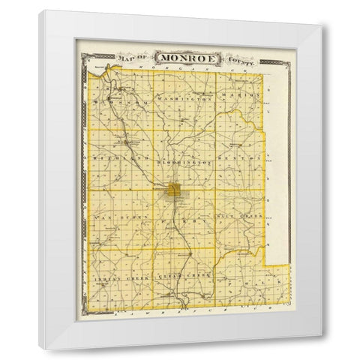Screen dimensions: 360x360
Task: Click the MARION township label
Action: (x=246, y=96)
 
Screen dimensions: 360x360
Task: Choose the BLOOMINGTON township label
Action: (x=185, y=162)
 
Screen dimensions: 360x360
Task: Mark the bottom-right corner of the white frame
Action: (x=322, y=349)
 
